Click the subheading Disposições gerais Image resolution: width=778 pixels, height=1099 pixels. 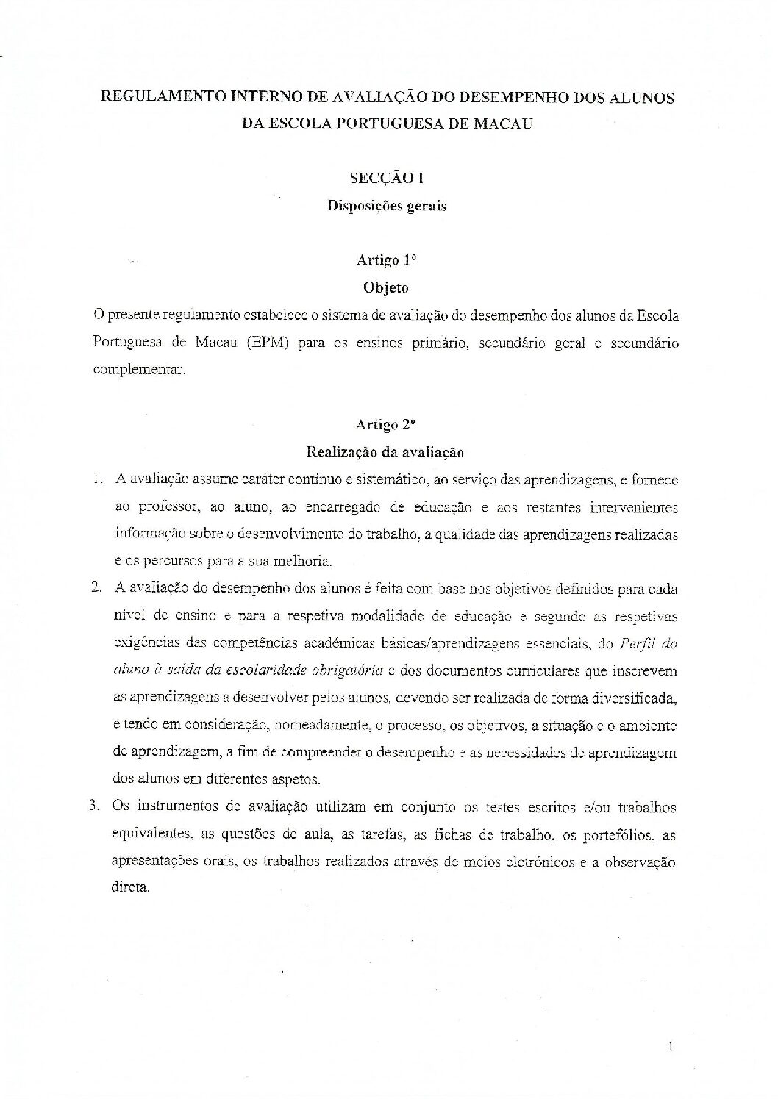[x=387, y=206]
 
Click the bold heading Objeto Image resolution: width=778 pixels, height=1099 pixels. [x=387, y=287]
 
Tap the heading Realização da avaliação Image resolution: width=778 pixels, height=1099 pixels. [x=387, y=451]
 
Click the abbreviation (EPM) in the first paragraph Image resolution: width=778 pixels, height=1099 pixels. [x=257, y=343]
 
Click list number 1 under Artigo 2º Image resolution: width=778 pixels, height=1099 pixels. [x=97, y=480]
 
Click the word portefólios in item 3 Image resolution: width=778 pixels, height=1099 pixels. [x=617, y=834]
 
